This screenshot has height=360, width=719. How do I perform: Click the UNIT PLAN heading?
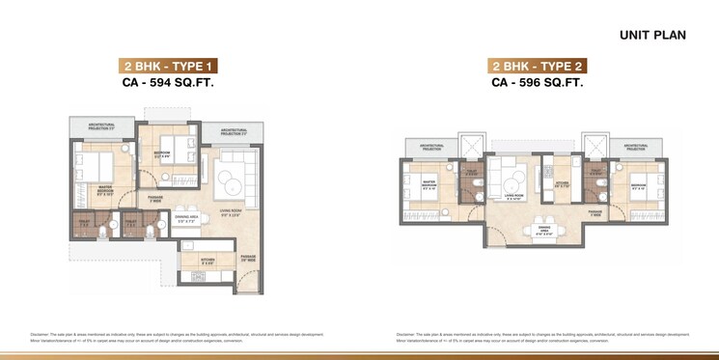pyautogui.click(x=652, y=35)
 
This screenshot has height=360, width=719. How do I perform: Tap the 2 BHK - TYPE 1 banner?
pyautogui.click(x=168, y=67)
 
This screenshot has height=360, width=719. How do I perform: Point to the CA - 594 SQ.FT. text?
pyautogui.click(x=168, y=84)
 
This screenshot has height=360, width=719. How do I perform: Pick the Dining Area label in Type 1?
pyautogui.click(x=187, y=221)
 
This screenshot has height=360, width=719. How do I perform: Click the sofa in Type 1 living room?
pyautogui.click(x=235, y=178)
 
